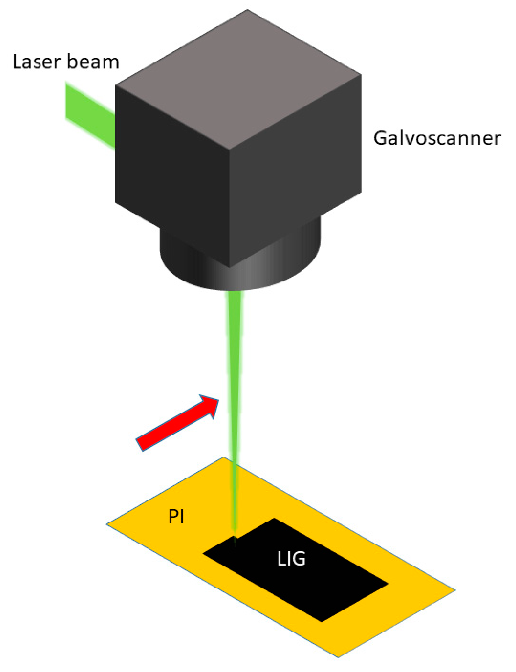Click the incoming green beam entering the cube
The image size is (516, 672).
[89, 115]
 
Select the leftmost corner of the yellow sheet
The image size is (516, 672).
[107, 523]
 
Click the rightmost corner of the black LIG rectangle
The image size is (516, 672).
[388, 584]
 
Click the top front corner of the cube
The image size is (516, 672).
[229, 149]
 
